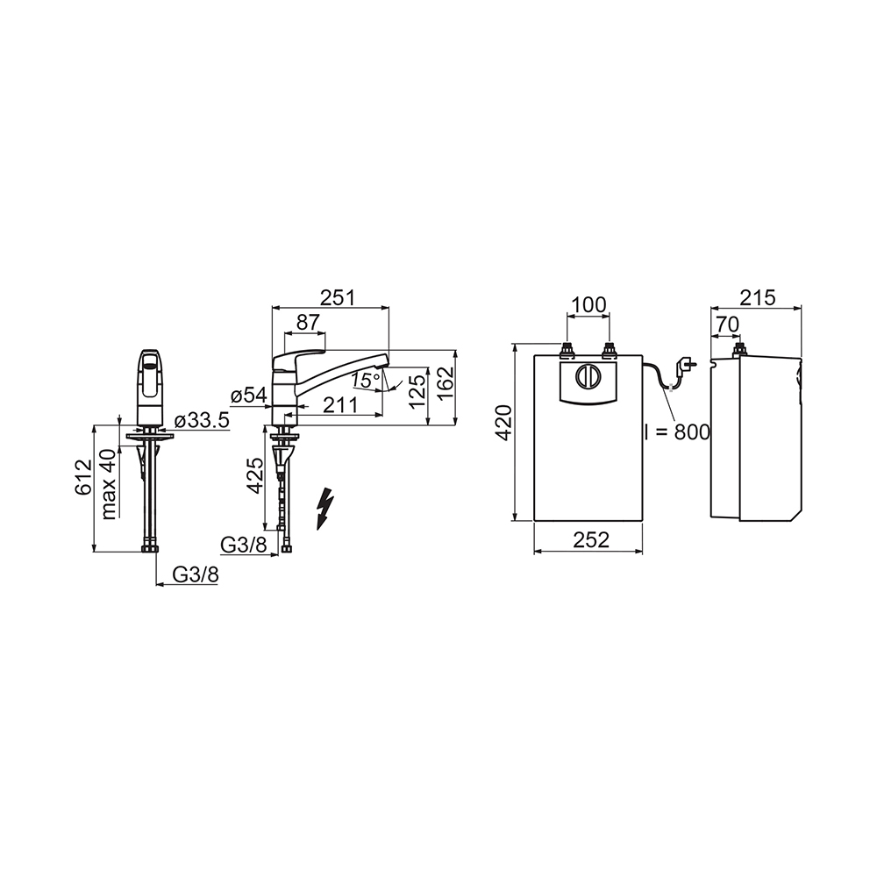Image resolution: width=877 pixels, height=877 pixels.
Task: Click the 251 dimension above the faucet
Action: [338, 297]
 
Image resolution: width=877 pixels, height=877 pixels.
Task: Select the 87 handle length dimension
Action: [308, 322]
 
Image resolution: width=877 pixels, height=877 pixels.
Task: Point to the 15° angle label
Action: [366, 381]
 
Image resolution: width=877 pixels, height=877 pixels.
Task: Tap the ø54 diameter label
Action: [249, 396]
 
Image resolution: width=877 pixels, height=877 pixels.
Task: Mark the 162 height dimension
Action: [446, 384]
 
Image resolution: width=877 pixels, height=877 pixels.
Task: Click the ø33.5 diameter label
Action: [202, 421]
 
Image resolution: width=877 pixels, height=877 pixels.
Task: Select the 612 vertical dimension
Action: [82, 477]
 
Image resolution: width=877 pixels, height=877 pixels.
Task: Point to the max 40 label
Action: [109, 485]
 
